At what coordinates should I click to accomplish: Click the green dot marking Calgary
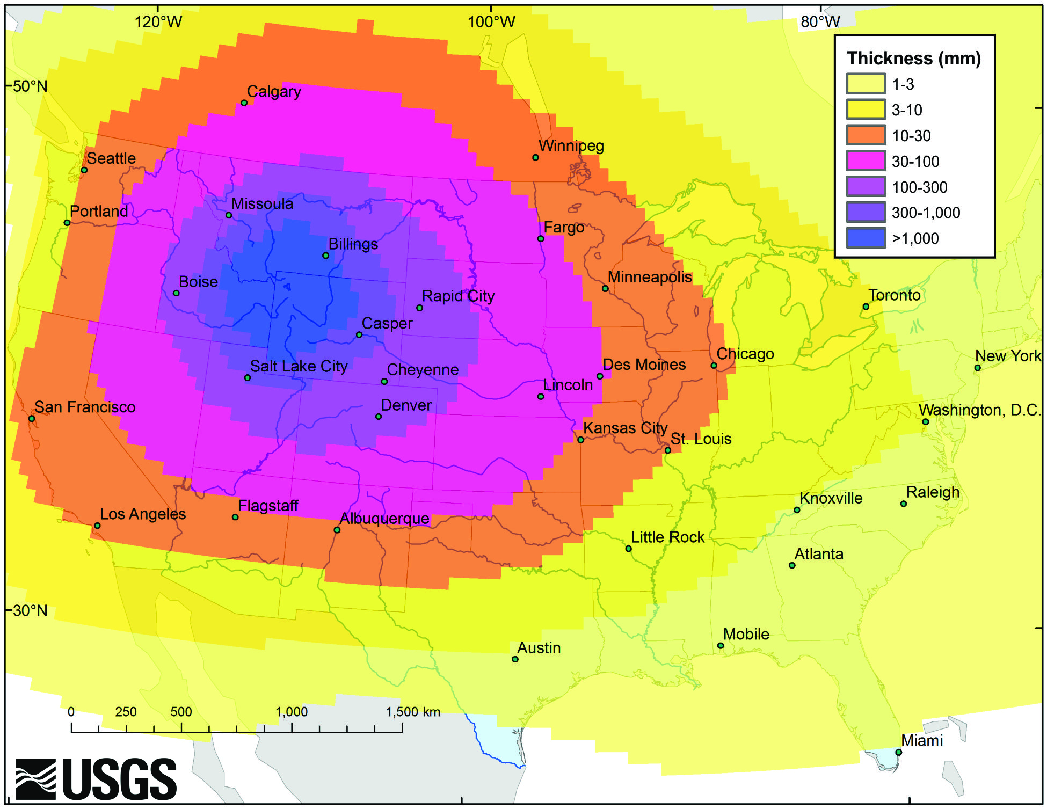(x=244, y=103)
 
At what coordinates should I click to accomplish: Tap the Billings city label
(x=353, y=244)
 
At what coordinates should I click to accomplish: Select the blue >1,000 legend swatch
(x=866, y=238)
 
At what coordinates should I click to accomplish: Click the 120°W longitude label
(x=158, y=21)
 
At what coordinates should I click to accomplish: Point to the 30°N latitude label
(x=30, y=610)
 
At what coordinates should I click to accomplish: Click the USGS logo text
(x=119, y=779)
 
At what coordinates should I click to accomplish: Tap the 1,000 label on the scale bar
(x=292, y=712)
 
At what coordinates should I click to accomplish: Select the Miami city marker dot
(x=898, y=752)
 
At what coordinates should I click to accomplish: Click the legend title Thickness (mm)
(x=913, y=58)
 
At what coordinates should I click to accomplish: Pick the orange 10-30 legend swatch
(x=866, y=135)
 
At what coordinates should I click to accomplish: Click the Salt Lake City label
(x=299, y=366)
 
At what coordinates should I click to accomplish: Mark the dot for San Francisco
(x=32, y=418)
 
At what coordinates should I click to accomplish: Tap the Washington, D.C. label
(x=979, y=410)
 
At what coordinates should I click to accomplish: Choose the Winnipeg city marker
(x=535, y=157)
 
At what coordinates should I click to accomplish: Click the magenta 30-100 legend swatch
(x=866, y=161)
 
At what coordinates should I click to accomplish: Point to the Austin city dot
(x=515, y=659)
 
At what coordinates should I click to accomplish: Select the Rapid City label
(x=457, y=296)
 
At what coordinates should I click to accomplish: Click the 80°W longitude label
(x=820, y=21)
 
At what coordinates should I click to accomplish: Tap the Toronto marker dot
(x=866, y=307)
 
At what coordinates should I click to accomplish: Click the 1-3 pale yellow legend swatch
(x=866, y=84)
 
